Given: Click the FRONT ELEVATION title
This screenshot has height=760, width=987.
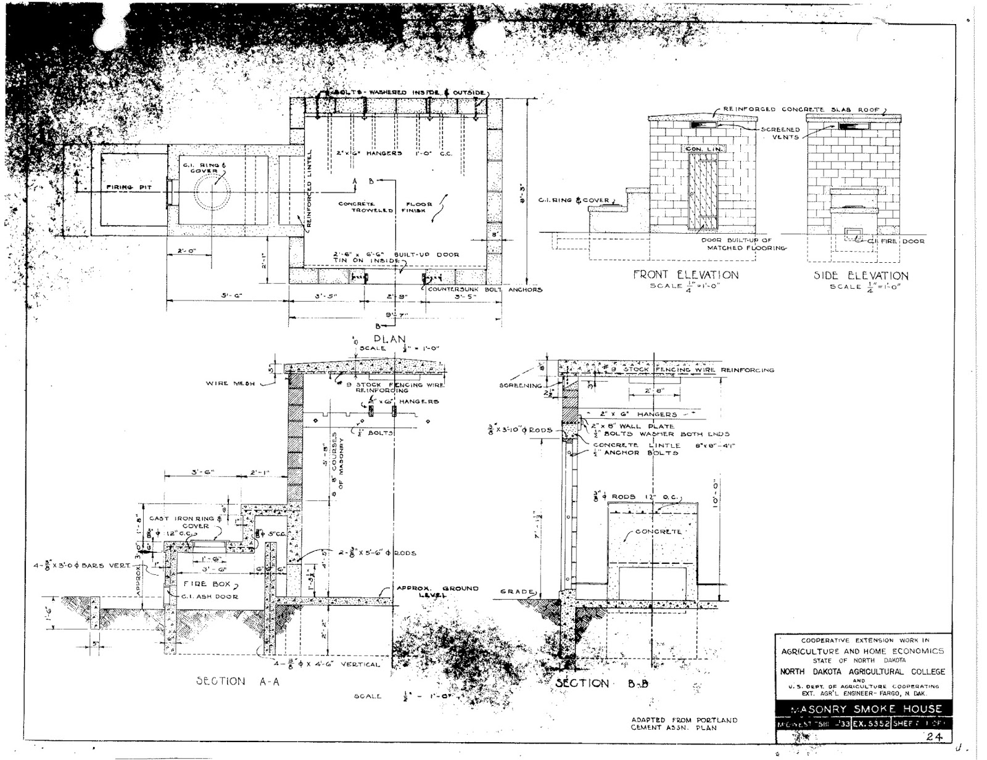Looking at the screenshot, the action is coord(685,275).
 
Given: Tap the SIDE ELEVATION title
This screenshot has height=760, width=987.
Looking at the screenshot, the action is coord(861,276).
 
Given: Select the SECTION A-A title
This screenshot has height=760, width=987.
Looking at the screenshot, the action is coord(220,681).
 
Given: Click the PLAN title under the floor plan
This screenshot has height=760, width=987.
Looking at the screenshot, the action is coord(390,339).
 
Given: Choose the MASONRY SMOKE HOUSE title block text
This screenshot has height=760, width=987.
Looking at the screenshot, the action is coord(862,709).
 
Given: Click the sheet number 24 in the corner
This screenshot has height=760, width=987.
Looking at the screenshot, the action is coord(933,735).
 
